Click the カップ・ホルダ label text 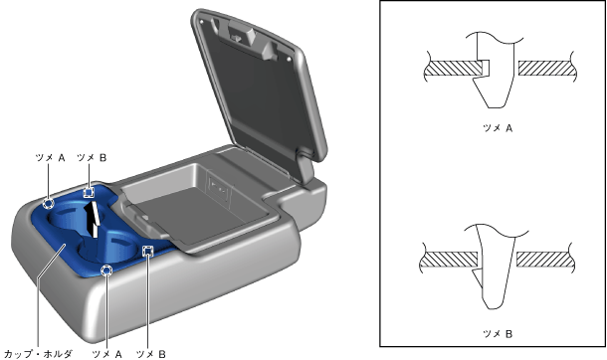click(x=38, y=354)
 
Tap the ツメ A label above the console click(x=51, y=158)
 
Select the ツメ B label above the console click(x=92, y=158)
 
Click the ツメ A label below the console click(x=107, y=354)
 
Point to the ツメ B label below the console click(x=151, y=354)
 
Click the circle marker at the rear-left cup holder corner click(x=49, y=203)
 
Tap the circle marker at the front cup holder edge click(x=106, y=270)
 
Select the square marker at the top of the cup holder click(x=90, y=192)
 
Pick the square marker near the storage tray click(x=148, y=252)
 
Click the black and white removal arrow click(x=93, y=219)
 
